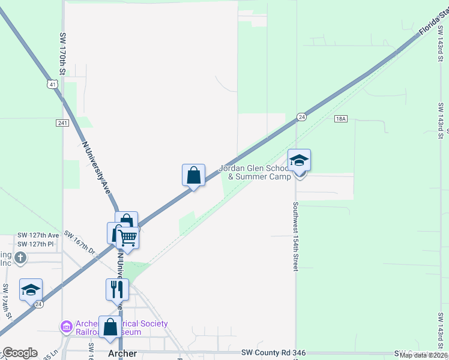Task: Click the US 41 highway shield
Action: [53, 85]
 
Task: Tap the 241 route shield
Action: [62, 123]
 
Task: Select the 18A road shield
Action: [341, 119]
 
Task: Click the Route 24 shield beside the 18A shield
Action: [302, 117]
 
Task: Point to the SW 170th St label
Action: [62, 53]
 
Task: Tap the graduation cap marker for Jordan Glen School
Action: [299, 161]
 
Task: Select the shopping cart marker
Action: [128, 238]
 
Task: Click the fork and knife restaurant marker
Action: [117, 289]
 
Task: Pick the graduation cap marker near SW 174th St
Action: [31, 290]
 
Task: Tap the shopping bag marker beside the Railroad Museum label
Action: [110, 328]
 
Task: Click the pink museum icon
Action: [66, 327]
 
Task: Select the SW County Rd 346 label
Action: [269, 353]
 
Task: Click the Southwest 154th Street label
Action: [295, 235]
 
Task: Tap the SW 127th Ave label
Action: [38, 235]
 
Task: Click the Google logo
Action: [19, 353]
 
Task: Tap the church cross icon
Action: [20, 258]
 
